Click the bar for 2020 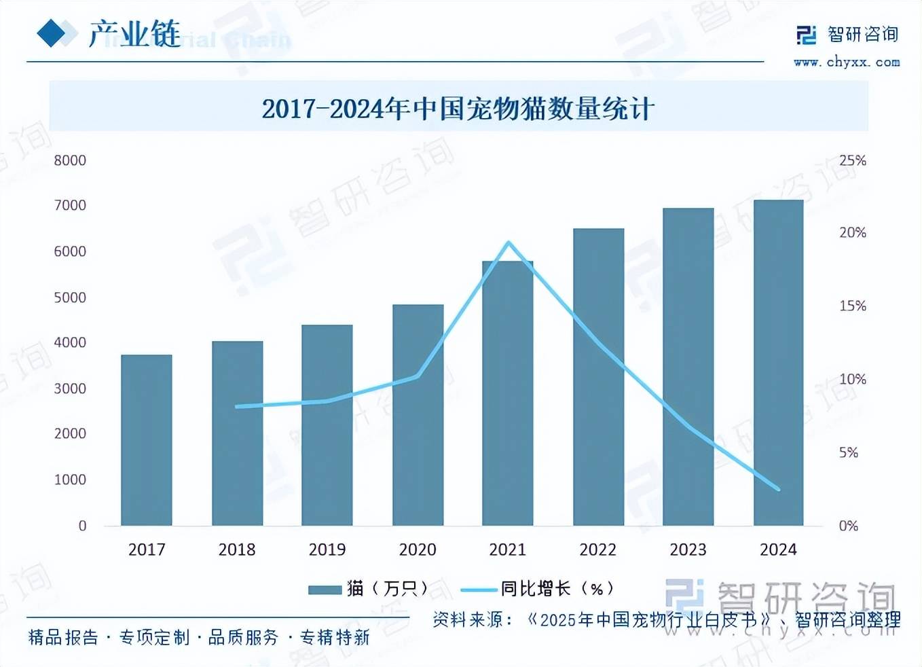418,415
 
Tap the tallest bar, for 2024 778,363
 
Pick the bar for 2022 598,377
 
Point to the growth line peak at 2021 509,242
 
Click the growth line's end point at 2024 778,489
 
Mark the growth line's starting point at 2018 237,407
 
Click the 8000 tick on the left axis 70,160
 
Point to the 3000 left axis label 70,389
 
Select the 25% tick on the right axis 852,160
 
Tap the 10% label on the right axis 852,379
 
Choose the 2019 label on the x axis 327,549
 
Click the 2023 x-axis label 688,549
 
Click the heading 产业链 134,33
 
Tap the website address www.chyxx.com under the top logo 847,62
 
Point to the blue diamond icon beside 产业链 52,33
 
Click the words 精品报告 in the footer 63,637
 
